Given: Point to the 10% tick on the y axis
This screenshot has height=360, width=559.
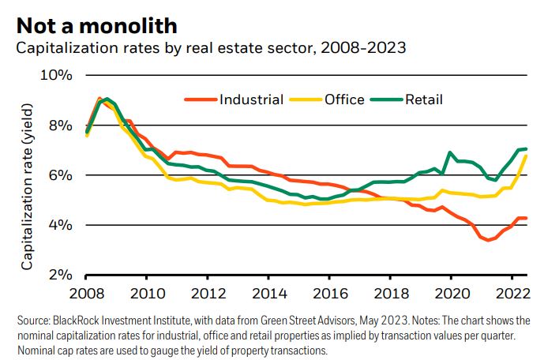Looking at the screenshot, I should tap(56, 75).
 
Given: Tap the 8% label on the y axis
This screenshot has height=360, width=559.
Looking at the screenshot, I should tap(60, 125).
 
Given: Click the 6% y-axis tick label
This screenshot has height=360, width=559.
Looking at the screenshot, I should tap(60, 174).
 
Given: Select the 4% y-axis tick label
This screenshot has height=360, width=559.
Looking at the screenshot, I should tap(60, 225).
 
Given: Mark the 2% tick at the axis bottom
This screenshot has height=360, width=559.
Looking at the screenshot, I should tap(60, 275).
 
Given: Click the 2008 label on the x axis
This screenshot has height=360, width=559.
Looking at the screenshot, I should tap(86, 294).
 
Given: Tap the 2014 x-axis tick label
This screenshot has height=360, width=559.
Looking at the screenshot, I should tap(268, 294).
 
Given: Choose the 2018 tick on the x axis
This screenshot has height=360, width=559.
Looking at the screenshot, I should tap(390, 294).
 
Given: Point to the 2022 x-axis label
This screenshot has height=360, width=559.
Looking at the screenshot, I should tap(512, 294).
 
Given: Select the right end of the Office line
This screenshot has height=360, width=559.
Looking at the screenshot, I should tap(527, 156).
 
